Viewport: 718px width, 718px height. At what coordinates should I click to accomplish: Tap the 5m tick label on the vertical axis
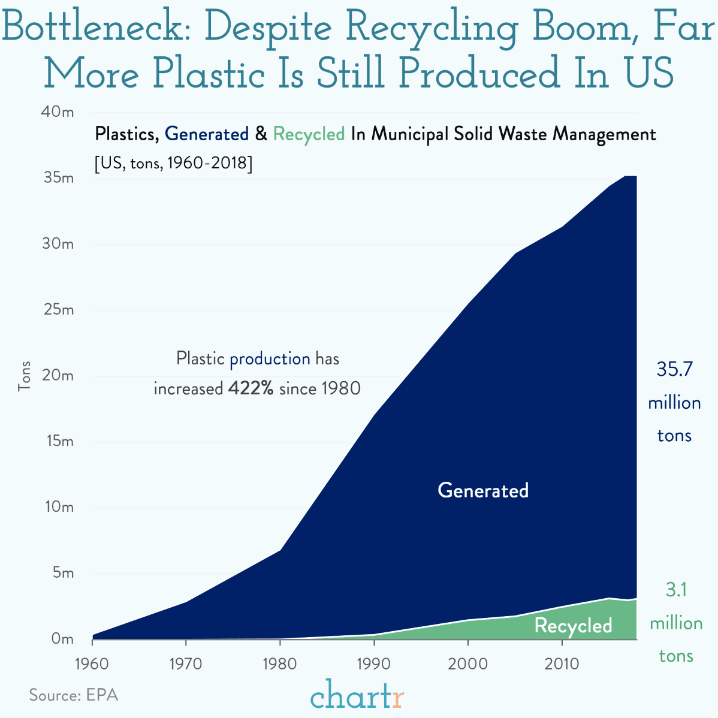(x=62, y=573)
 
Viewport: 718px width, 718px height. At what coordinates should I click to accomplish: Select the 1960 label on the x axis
(x=92, y=664)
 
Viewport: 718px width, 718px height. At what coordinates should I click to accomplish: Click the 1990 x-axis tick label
(x=373, y=664)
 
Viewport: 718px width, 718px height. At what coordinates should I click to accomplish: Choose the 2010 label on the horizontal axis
(x=562, y=664)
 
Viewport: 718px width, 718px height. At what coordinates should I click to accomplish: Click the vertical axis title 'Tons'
(x=25, y=376)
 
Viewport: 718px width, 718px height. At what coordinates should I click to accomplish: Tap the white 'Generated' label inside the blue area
(x=483, y=490)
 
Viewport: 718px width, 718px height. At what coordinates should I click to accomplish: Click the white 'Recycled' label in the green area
(x=573, y=626)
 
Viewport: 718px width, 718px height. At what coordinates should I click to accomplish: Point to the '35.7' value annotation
(x=674, y=369)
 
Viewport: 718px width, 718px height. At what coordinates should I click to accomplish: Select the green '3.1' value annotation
(x=676, y=590)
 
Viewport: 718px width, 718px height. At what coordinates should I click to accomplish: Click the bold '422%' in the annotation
(x=251, y=388)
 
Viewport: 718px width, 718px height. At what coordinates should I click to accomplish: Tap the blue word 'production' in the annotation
(x=270, y=359)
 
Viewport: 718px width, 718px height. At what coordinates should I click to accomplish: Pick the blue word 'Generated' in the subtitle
(x=207, y=134)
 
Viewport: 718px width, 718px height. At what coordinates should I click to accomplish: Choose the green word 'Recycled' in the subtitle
(x=309, y=134)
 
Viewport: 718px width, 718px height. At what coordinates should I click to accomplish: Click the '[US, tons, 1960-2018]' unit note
(x=173, y=163)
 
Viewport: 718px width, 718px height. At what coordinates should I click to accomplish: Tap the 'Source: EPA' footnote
(x=74, y=695)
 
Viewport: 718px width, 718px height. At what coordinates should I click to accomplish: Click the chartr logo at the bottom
(x=357, y=696)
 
